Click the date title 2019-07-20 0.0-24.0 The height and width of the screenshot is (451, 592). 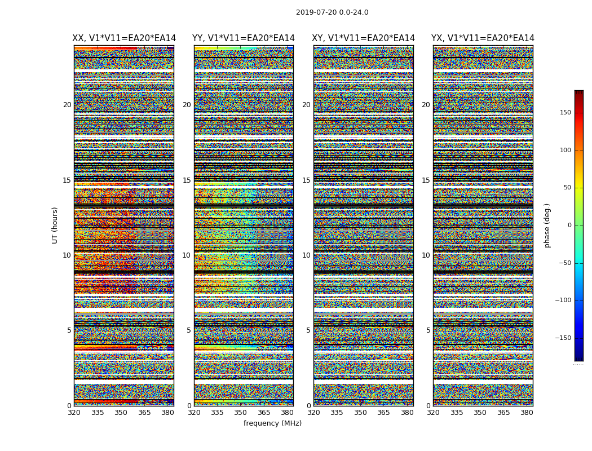click(x=332, y=12)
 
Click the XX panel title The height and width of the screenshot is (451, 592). click(x=124, y=38)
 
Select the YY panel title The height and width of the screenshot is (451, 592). click(x=244, y=38)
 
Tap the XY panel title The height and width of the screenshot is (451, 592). click(x=364, y=38)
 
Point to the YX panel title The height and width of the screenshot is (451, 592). click(x=483, y=38)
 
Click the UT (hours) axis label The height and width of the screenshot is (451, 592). click(x=55, y=225)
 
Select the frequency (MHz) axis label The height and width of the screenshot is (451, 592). click(x=272, y=423)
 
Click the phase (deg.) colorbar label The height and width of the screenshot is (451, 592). click(x=547, y=225)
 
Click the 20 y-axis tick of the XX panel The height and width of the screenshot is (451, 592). click(x=67, y=105)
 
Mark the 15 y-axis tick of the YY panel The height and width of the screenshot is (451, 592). click(x=187, y=180)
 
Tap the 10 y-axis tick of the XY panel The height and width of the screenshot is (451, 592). click(x=306, y=255)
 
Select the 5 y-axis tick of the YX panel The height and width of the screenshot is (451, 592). click(x=428, y=330)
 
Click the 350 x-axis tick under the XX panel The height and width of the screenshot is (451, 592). click(x=121, y=413)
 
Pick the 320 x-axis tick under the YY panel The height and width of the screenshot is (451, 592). click(x=194, y=413)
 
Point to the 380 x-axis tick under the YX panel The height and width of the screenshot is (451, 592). click(x=527, y=413)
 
